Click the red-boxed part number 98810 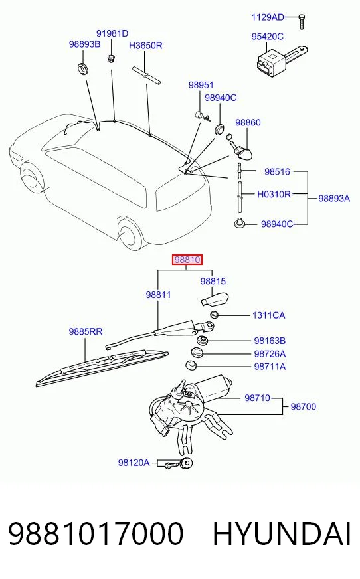coord(187,260)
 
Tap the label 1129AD coord(268,17)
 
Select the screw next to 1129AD coord(302,21)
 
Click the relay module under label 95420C coord(282,58)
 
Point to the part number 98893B coord(84,44)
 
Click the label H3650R coord(145,46)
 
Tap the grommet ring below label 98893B coord(83,68)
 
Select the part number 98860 coord(248,122)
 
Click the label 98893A coord(334,199)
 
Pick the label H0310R coord(274,194)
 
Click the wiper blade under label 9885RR coord(102,368)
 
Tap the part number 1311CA coord(269,315)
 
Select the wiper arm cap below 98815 coord(215,299)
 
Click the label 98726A coord(270,354)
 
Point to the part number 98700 coord(304,406)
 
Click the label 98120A coord(134,463)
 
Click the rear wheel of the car coord(130,234)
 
